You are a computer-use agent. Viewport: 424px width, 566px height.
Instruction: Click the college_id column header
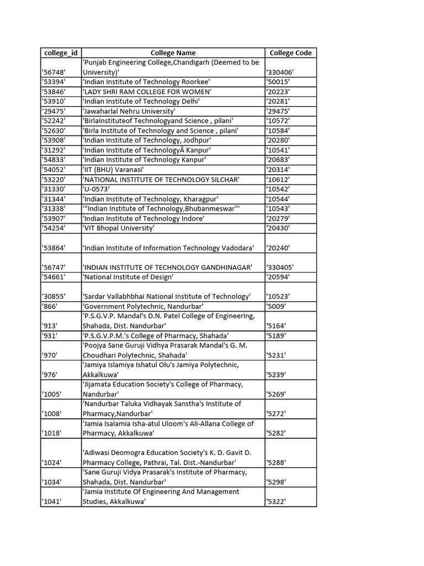60,53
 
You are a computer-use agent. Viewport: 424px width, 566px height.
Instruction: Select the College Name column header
173,53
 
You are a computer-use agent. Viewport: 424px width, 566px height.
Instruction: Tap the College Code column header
290,53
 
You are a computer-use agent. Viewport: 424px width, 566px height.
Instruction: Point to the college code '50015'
278,82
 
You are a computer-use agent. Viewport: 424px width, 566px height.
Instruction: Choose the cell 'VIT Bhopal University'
119,228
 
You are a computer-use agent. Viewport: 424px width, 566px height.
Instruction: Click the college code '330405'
280,267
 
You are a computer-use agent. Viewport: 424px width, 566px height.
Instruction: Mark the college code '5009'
276,306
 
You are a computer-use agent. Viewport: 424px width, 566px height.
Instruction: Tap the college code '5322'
276,501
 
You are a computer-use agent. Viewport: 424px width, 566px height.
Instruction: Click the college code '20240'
278,248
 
